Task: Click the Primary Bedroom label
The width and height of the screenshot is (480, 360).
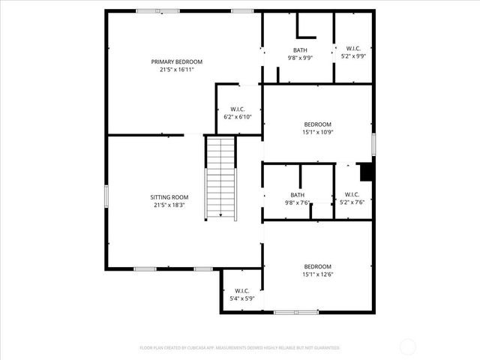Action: coord(176,61)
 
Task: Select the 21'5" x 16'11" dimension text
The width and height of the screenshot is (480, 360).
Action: coord(176,70)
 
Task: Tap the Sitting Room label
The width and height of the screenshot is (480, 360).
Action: coord(169,196)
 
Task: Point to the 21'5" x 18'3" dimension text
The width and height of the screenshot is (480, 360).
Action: coord(169,205)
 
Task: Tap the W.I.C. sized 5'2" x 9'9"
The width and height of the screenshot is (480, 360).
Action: coord(354,52)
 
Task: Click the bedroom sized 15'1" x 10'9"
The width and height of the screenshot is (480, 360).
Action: coord(316,128)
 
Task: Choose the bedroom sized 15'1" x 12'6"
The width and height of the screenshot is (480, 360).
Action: coord(316,271)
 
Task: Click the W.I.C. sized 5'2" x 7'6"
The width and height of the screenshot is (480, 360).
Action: coord(354,199)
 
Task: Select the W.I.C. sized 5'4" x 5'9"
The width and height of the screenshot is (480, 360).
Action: coord(241,295)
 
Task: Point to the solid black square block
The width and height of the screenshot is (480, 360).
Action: coord(366,172)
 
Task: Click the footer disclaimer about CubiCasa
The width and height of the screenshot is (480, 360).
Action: coord(240,348)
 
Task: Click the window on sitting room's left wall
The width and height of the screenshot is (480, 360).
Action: coord(106,196)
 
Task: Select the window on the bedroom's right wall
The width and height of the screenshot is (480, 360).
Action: coord(373,143)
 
